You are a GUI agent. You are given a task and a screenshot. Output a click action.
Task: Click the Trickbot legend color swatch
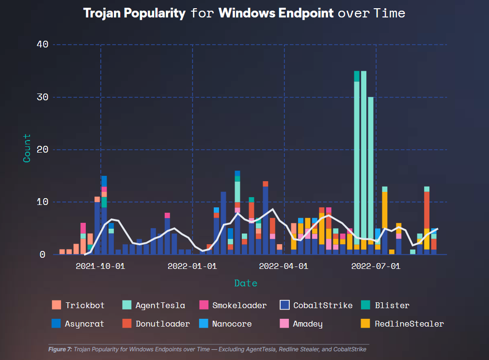click(56, 305)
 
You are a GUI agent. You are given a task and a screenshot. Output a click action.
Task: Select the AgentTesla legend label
click(160, 305)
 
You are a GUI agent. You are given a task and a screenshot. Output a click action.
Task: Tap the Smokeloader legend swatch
click(204, 305)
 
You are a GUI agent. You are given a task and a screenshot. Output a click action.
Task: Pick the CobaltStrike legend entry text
click(323, 305)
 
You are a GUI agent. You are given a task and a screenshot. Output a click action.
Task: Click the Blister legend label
click(392, 305)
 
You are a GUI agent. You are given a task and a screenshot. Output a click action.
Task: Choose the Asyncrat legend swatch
click(56, 324)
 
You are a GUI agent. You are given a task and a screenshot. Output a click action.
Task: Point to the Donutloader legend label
click(162, 324)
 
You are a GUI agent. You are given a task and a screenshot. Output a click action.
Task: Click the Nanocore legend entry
click(232, 324)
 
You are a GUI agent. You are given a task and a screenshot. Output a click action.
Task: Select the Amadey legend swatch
click(284, 324)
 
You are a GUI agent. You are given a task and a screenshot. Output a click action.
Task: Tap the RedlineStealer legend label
click(409, 324)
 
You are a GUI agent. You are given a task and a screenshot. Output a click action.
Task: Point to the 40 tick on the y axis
click(43, 44)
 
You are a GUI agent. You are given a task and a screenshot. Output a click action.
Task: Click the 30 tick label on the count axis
click(43, 97)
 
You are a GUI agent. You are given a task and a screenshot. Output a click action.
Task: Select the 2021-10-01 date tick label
click(100, 266)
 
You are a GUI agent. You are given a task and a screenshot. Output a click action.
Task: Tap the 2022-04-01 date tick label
click(284, 266)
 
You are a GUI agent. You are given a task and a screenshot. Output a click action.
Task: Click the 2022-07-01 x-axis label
click(376, 266)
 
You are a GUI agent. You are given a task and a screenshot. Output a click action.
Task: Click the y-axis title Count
click(27, 148)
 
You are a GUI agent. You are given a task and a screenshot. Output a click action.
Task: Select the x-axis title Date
click(246, 283)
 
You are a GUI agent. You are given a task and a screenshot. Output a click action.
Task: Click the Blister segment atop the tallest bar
click(357, 77)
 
